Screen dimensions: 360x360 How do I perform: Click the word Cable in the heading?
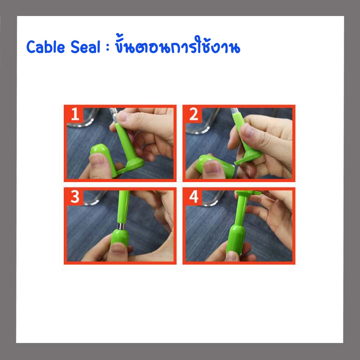pyautogui.click(x=46, y=47)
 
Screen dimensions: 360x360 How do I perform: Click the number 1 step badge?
pyautogui.click(x=75, y=114)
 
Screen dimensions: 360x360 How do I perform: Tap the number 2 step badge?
pyautogui.click(x=194, y=114)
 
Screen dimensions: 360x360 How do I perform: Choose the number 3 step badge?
pyautogui.click(x=75, y=197)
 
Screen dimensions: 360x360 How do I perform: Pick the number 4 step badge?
pyautogui.click(x=194, y=197)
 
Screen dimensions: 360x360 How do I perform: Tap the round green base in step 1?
pyautogui.click(x=134, y=163)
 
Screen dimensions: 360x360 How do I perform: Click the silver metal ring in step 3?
pyautogui.click(x=121, y=226)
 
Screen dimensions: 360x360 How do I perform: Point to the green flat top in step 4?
pyautogui.click(x=248, y=193)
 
